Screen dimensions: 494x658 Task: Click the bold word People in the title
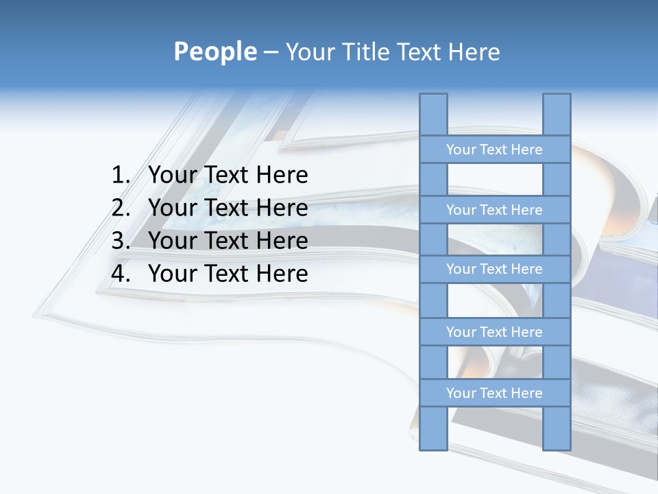click(x=215, y=52)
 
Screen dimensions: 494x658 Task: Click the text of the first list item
click(x=228, y=176)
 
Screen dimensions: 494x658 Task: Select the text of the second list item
click(x=228, y=208)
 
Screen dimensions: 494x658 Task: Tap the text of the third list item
click(x=228, y=241)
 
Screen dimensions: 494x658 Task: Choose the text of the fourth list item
click(x=228, y=274)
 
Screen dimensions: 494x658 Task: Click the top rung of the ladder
click(x=494, y=150)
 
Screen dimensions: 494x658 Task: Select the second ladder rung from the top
click(x=494, y=210)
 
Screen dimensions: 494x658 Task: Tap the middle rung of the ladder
click(x=494, y=269)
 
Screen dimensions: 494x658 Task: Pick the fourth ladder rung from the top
click(x=494, y=332)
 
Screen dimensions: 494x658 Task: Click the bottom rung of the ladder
click(x=494, y=393)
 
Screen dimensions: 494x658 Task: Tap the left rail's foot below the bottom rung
click(x=433, y=428)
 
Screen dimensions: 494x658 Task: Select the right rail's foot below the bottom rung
click(x=557, y=428)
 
